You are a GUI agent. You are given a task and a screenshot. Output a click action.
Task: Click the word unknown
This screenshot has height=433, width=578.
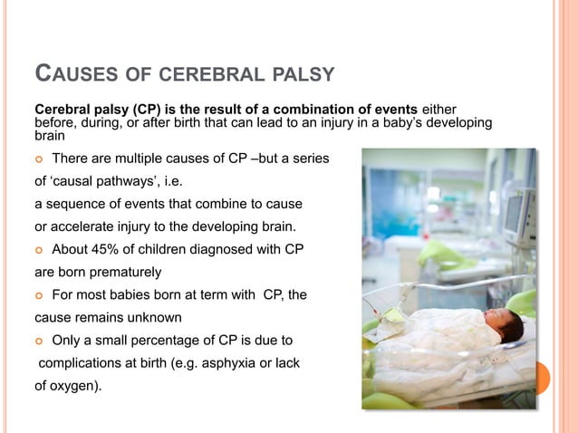point(159,318)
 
